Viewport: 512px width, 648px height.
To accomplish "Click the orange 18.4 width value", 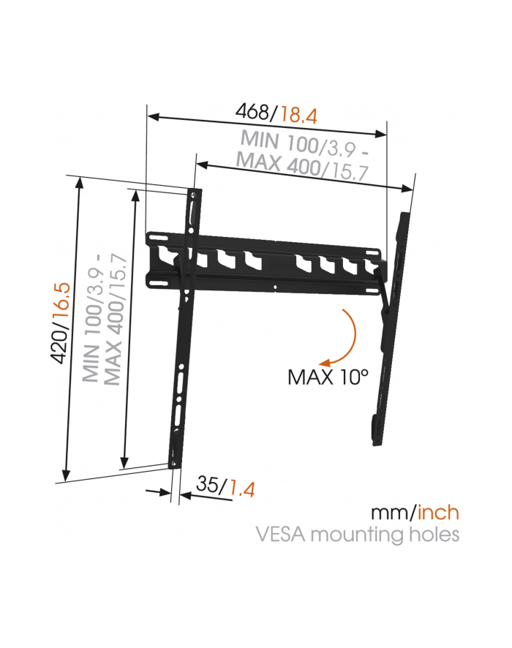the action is (298, 115).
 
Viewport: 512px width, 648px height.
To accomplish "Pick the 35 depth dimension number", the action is (208, 484).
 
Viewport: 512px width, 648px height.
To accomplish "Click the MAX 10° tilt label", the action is (328, 377).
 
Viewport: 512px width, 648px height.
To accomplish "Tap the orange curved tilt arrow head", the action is (325, 363).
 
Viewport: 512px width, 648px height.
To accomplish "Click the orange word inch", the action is (438, 513).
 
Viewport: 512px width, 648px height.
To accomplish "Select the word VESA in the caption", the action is (281, 534).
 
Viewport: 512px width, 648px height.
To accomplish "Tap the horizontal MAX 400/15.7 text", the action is (302, 167).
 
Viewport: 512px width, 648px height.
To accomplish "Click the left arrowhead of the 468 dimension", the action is (153, 116).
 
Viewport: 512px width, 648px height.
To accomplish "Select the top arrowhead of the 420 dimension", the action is (79, 182).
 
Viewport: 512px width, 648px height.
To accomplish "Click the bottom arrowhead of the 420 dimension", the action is (66, 476).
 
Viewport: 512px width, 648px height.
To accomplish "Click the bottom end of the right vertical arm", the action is (377, 443).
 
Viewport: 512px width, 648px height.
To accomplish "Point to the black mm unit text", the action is (391, 513).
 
